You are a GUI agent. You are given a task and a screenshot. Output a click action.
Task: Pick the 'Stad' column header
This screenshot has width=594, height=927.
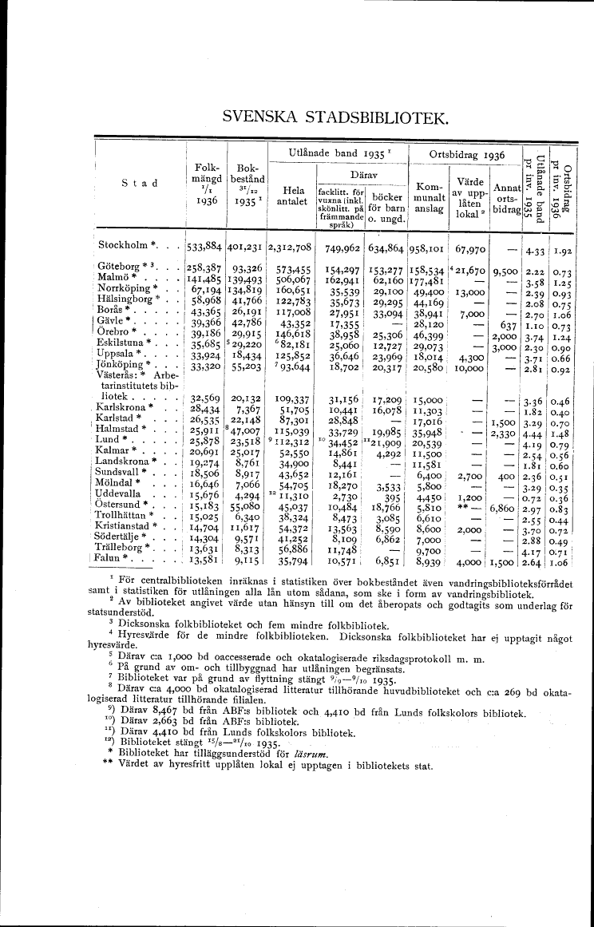(x=139, y=183)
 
